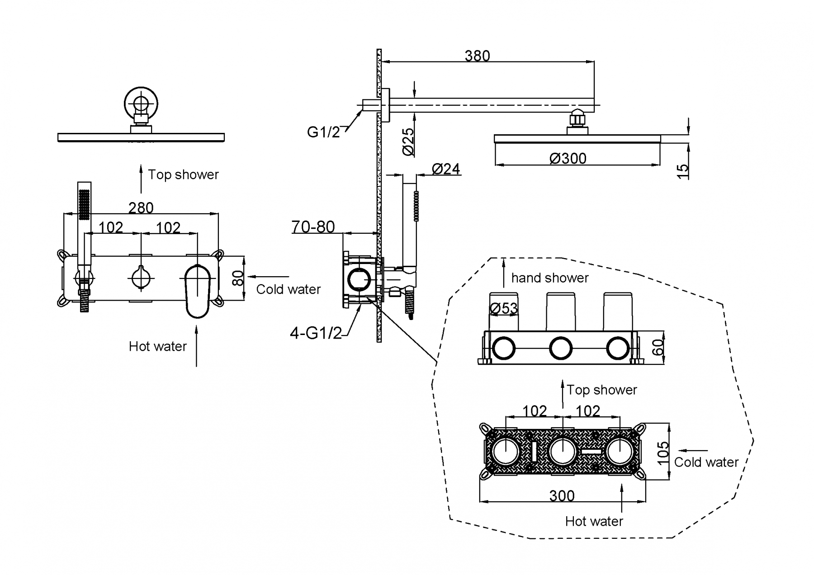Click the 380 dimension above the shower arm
click(477, 56)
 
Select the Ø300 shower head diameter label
click(568, 159)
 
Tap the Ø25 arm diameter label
click(408, 141)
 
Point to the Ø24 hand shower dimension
click(446, 169)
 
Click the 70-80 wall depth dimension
click(313, 227)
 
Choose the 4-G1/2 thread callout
click(316, 334)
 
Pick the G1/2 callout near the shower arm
click(323, 132)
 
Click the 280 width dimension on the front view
click(141, 208)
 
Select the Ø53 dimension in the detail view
click(503, 308)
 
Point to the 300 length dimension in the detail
click(562, 496)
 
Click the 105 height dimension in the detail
click(663, 452)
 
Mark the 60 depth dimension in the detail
click(659, 347)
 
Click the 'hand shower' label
click(550, 278)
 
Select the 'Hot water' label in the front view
click(157, 347)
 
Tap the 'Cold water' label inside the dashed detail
click(706, 462)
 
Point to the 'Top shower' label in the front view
click(183, 175)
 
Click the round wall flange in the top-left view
click(142, 104)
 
